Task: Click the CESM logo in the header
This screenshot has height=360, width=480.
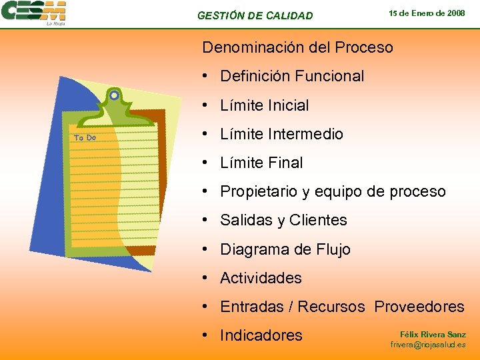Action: pos(33,13)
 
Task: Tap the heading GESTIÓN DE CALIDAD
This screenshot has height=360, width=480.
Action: pos(255,15)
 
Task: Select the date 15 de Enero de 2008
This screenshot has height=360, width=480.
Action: pos(427,13)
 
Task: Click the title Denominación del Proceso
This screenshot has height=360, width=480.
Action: pos(297,48)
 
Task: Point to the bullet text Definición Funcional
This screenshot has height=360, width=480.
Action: pos(292,76)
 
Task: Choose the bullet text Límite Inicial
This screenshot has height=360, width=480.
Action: pos(264,105)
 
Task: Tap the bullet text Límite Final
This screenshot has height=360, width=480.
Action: pos(261,163)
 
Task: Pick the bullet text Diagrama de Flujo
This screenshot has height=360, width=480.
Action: pos(285,249)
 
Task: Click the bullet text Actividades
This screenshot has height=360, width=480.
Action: pos(261,278)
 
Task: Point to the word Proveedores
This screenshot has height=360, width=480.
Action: pos(419,307)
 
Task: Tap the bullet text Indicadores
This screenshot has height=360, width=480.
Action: pos(261,335)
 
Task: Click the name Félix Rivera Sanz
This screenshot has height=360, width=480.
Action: pos(433,334)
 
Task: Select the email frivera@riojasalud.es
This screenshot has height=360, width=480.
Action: pos(428,345)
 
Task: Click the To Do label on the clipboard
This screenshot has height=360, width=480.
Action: pos(85,138)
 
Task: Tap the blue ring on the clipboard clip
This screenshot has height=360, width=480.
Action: pos(114,96)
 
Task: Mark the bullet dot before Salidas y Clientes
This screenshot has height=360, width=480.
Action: pos(208,220)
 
